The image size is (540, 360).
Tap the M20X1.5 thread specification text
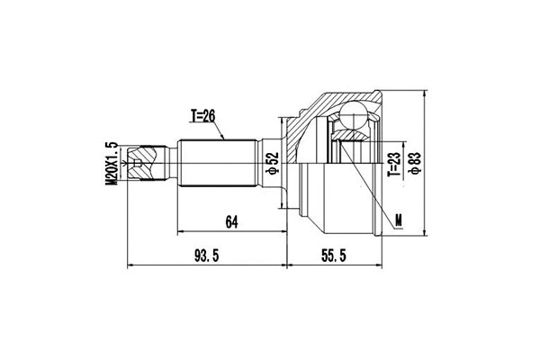pyautogui.click(x=111, y=163)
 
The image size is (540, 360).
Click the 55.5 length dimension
pyautogui.click(x=335, y=257)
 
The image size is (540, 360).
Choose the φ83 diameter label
pyautogui.click(x=415, y=163)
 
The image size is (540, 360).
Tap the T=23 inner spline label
pyautogui.click(x=392, y=161)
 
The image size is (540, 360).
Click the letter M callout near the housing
pyautogui.click(x=399, y=219)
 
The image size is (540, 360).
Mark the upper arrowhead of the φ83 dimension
pyautogui.click(x=422, y=93)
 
